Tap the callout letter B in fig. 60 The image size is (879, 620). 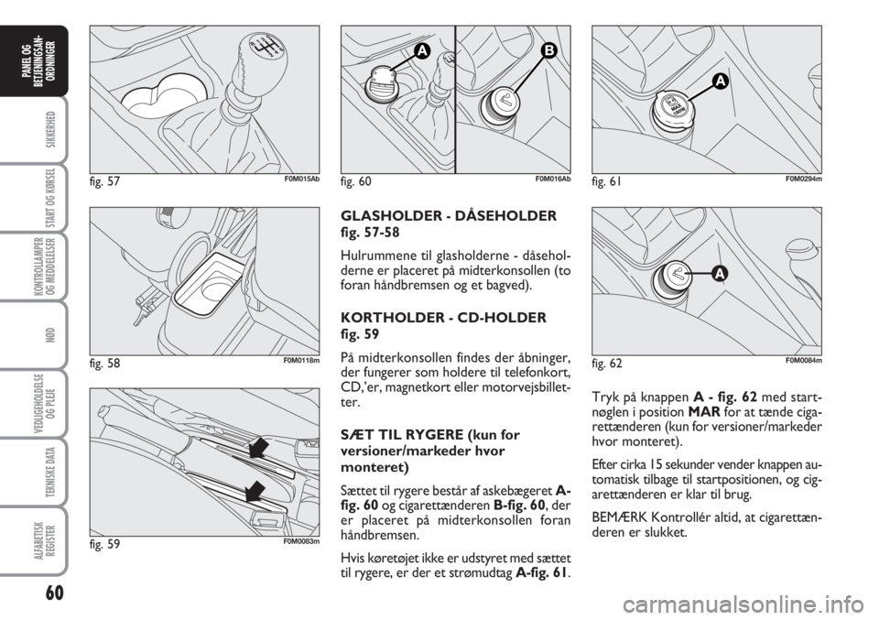pyautogui.click(x=548, y=51)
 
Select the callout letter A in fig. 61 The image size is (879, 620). pyautogui.click(x=720, y=82)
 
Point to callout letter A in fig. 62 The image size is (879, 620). pyautogui.click(x=720, y=274)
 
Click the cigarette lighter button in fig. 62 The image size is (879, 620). pyautogui.click(x=678, y=277)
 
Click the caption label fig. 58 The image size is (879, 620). pyautogui.click(x=104, y=364)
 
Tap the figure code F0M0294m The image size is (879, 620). pyautogui.click(x=803, y=179)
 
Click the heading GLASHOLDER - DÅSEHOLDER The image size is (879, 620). pyautogui.click(x=449, y=216)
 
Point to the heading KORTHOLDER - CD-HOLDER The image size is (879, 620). pyautogui.click(x=443, y=318)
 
